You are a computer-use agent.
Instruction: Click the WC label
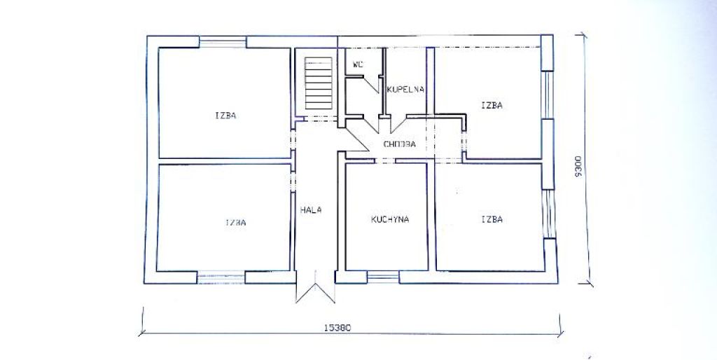click(x=358, y=64)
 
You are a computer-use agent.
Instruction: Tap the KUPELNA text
click(x=405, y=89)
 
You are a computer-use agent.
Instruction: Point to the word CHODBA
click(x=399, y=144)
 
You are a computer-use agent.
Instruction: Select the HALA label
click(x=311, y=210)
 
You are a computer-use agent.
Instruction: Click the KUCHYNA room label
click(x=390, y=219)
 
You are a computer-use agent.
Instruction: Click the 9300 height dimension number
click(x=578, y=166)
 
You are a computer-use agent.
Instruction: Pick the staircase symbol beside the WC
click(x=319, y=83)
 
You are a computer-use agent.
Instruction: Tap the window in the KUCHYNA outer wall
click(x=383, y=277)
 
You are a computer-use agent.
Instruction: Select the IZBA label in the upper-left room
click(x=225, y=116)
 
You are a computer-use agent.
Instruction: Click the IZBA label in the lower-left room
click(x=235, y=222)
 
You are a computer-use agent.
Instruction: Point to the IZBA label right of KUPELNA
click(x=492, y=105)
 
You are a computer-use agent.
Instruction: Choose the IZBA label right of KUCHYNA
click(x=492, y=219)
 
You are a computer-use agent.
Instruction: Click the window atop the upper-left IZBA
click(x=223, y=42)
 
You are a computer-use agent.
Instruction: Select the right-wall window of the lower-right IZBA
click(x=548, y=214)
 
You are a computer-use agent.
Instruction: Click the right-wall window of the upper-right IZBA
click(x=547, y=95)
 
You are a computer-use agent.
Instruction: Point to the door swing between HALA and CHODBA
click(x=357, y=139)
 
